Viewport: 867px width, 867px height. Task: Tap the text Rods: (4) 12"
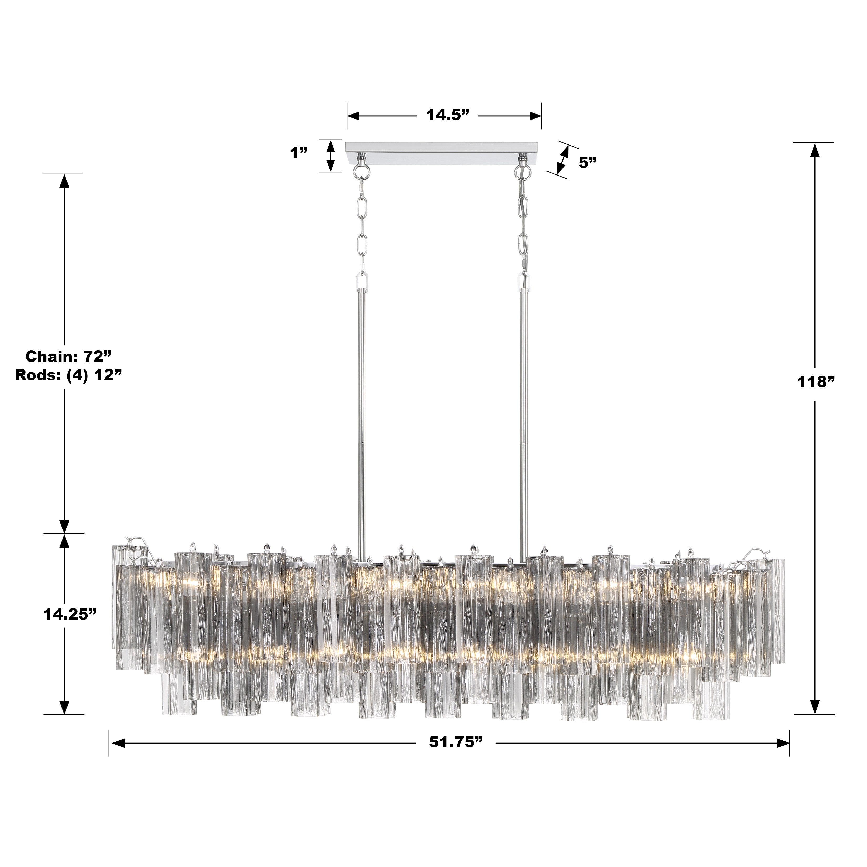69,375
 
